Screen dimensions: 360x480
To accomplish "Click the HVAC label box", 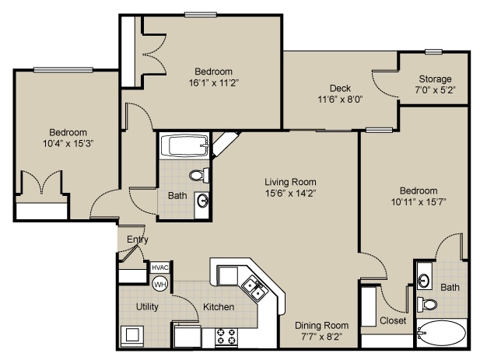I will click(159, 267).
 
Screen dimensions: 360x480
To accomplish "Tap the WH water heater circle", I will click(159, 284).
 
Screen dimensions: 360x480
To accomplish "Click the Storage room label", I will click(435, 79).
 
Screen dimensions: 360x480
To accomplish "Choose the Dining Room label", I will click(321, 325).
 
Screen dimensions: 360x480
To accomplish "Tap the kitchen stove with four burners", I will click(226, 337).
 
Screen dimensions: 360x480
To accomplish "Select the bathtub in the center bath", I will click(184, 145).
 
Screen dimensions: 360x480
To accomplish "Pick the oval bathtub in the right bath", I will click(441, 334).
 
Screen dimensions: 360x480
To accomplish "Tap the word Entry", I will click(138, 239).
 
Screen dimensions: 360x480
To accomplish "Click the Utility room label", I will click(147, 307).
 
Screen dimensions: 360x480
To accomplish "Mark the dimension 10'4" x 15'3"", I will click(68, 144).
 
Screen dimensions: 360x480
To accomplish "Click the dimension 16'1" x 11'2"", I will click(212, 82).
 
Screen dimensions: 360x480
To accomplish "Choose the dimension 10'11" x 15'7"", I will click(419, 202).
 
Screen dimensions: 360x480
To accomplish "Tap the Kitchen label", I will click(219, 307).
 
